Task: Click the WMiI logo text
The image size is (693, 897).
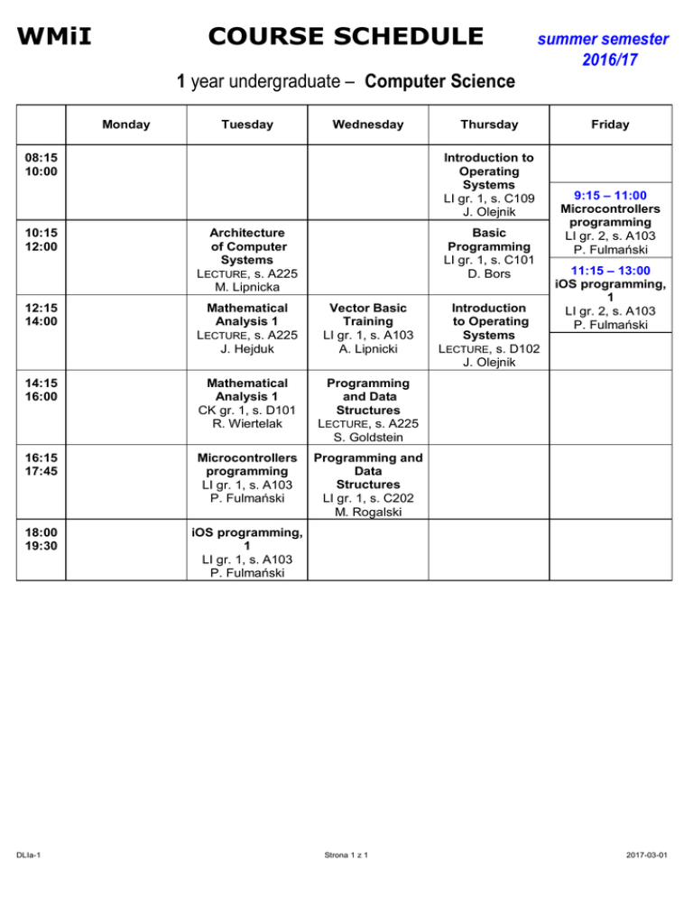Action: pyautogui.click(x=60, y=37)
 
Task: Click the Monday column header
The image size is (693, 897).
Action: pyautogui.click(x=125, y=125)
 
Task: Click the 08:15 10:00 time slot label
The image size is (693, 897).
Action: pyautogui.click(x=40, y=164)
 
